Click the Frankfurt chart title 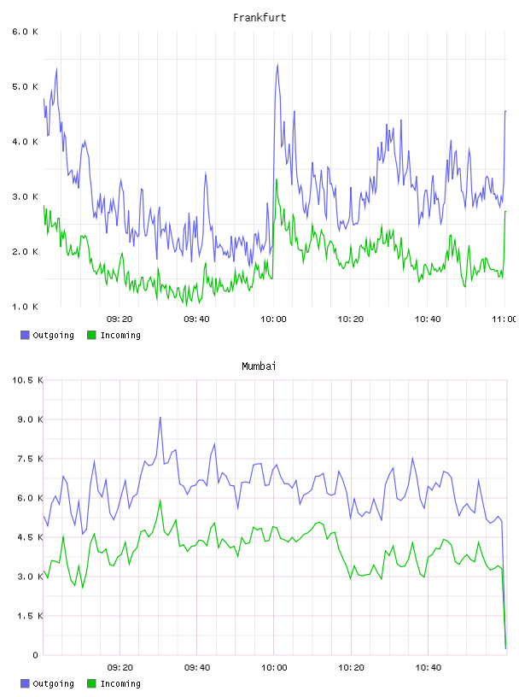point(259,18)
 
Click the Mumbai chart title point(259,366)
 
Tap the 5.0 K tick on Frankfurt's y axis point(26,86)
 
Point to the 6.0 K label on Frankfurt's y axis point(26,32)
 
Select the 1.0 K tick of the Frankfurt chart point(26,307)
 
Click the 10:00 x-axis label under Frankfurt point(273,319)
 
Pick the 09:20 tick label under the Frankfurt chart point(120,319)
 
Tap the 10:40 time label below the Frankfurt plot point(428,319)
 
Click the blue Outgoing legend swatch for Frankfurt point(25,335)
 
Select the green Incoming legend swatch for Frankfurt point(91,335)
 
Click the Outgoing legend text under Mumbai point(53,683)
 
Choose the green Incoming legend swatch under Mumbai point(91,683)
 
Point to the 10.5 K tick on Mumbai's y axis point(28,380)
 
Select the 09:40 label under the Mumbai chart point(197,668)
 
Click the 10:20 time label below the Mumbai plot point(351,668)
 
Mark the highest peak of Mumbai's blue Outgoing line point(160,418)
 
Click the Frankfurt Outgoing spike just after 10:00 point(277,65)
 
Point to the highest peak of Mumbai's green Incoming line point(160,501)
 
